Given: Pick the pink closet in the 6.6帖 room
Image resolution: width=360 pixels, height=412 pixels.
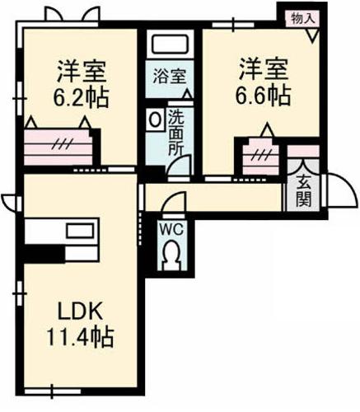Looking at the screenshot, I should (261, 152).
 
